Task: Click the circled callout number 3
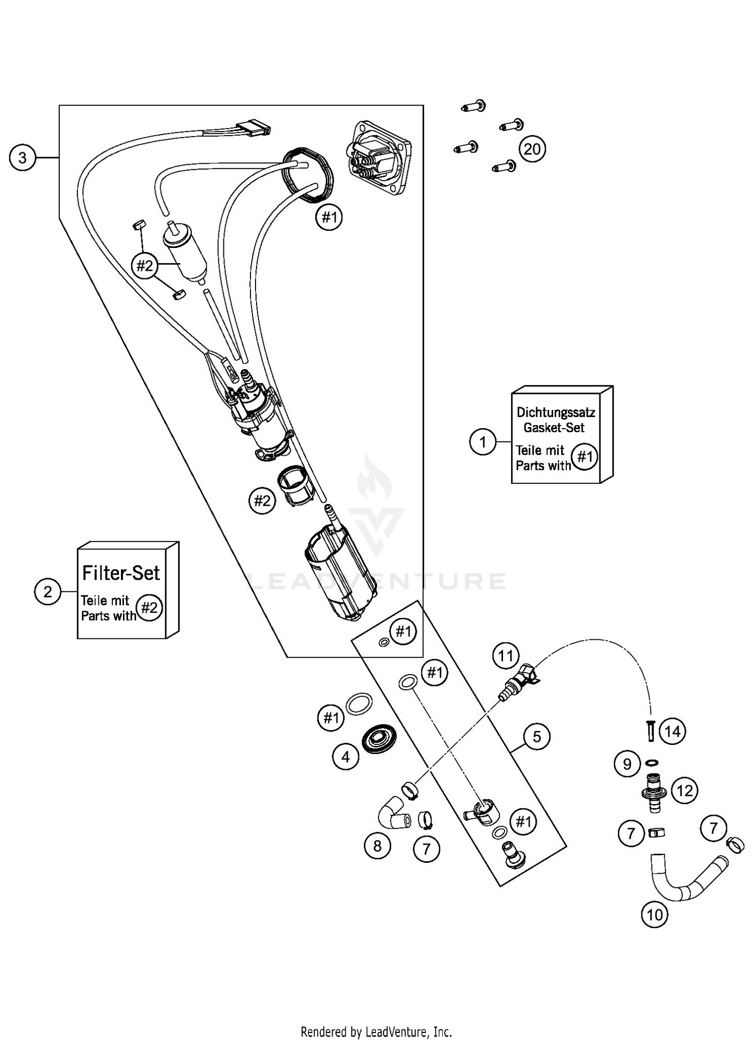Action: coord(23,158)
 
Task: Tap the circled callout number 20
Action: coord(532,149)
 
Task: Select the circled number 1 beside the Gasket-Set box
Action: coord(482,442)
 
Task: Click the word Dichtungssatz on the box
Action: coord(556,413)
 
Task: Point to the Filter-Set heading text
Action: coord(121,573)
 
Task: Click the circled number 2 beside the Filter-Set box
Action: coord(48,591)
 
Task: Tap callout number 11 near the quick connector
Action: coord(506,656)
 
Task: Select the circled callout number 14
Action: coord(673,731)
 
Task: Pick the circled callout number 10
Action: coord(655,915)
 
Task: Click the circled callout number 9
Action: coord(627,764)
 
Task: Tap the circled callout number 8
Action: coord(377,846)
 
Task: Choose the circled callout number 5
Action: coord(537,737)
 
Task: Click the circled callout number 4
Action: coord(345,756)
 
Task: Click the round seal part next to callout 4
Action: coord(379,738)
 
